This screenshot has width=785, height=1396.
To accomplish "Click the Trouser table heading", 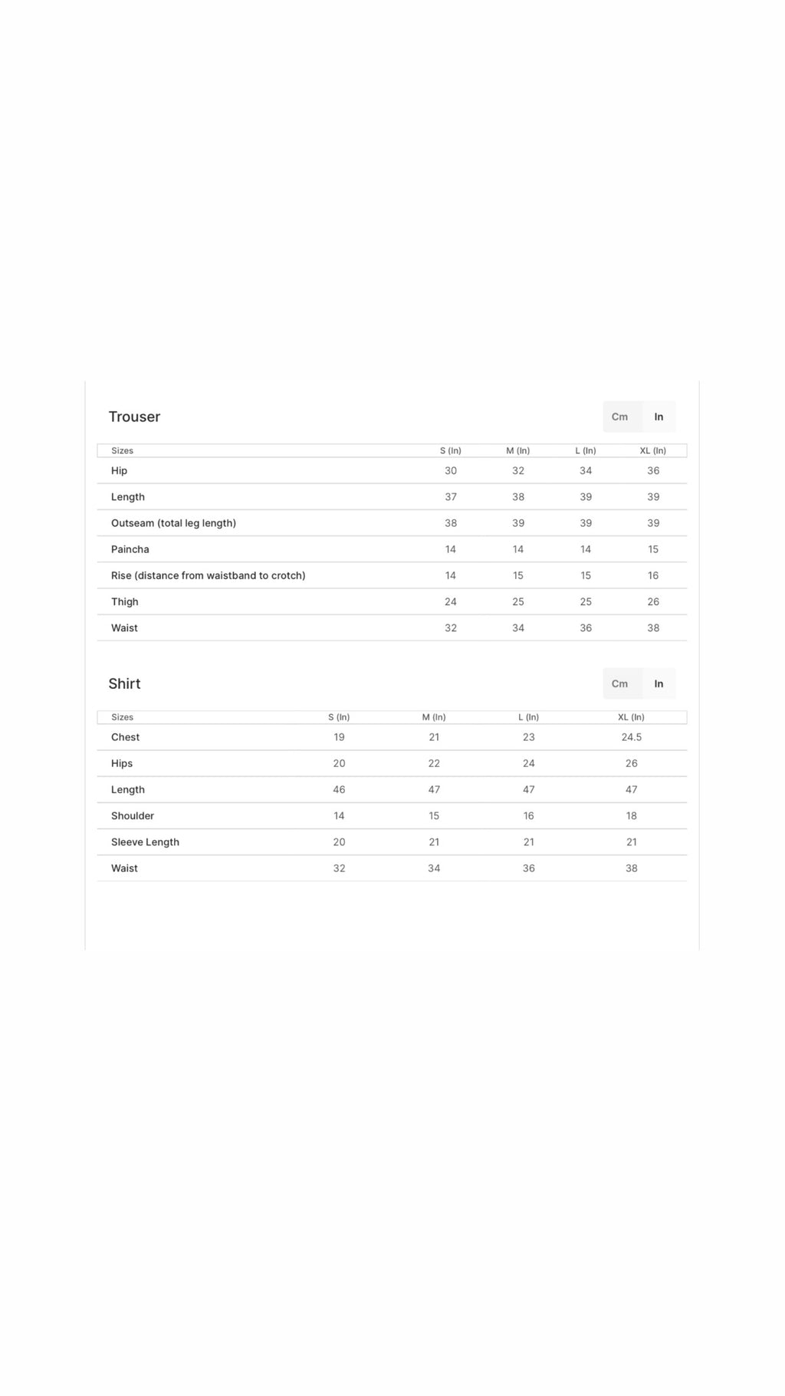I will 134,416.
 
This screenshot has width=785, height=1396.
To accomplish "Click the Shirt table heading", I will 124,683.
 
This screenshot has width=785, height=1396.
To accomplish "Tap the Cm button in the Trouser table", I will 619,416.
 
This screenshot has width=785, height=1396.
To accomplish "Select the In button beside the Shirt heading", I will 659,683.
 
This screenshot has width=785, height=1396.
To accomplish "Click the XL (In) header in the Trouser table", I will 653,450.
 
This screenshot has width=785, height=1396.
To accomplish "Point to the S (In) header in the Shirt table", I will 339,717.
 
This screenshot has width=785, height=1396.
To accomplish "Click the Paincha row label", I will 130,549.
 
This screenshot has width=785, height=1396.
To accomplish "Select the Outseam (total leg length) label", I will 173,523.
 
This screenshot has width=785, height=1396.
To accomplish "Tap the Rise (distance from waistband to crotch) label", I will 208,575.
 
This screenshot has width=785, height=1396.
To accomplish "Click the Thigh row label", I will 125,601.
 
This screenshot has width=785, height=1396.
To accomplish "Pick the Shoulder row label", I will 133,815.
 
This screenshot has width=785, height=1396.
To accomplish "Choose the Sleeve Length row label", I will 145,841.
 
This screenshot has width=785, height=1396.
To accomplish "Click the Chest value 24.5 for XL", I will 632,737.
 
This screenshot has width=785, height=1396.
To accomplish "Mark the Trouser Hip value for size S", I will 451,471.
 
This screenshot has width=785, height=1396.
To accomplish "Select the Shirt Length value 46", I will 339,789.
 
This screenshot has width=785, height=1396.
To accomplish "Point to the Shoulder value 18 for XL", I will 632,815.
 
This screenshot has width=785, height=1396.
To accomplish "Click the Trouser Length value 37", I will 451,497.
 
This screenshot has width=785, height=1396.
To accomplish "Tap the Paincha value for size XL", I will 653,549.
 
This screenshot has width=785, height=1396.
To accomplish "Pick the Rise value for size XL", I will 653,575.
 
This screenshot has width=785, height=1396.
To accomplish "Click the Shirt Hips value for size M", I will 434,763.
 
